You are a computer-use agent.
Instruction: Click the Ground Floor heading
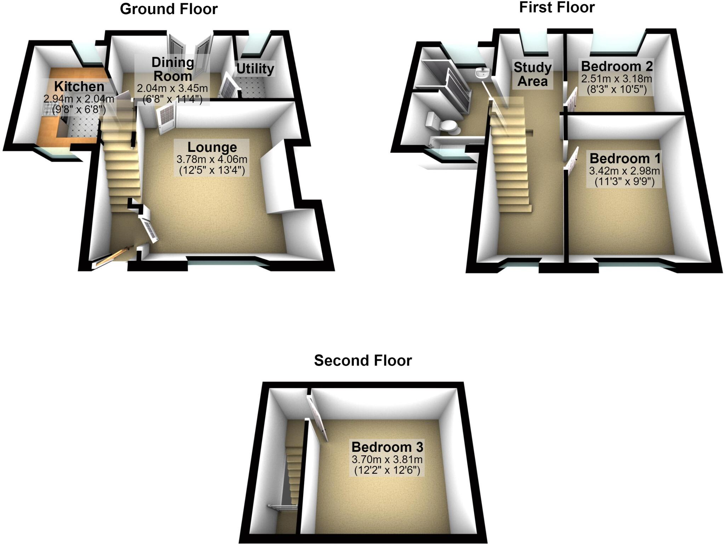(x=169, y=9)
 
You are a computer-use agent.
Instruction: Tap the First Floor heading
(x=556, y=7)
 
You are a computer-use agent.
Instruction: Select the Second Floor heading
(x=363, y=360)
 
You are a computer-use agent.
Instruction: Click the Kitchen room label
(x=79, y=86)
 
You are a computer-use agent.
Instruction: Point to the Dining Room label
(x=173, y=69)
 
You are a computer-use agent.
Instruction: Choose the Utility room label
(x=255, y=69)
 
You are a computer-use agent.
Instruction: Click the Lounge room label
(x=212, y=147)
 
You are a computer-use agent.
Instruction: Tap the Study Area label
(x=532, y=74)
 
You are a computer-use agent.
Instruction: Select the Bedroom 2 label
(x=616, y=66)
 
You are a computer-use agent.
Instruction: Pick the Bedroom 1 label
(x=625, y=158)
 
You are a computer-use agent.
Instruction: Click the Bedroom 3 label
(x=387, y=447)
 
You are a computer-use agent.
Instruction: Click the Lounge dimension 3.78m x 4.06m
(x=212, y=160)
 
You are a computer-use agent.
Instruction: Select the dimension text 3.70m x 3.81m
(x=387, y=460)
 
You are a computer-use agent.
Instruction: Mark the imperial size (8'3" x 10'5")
(x=617, y=89)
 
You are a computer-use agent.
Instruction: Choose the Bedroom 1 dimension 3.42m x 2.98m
(x=624, y=171)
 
